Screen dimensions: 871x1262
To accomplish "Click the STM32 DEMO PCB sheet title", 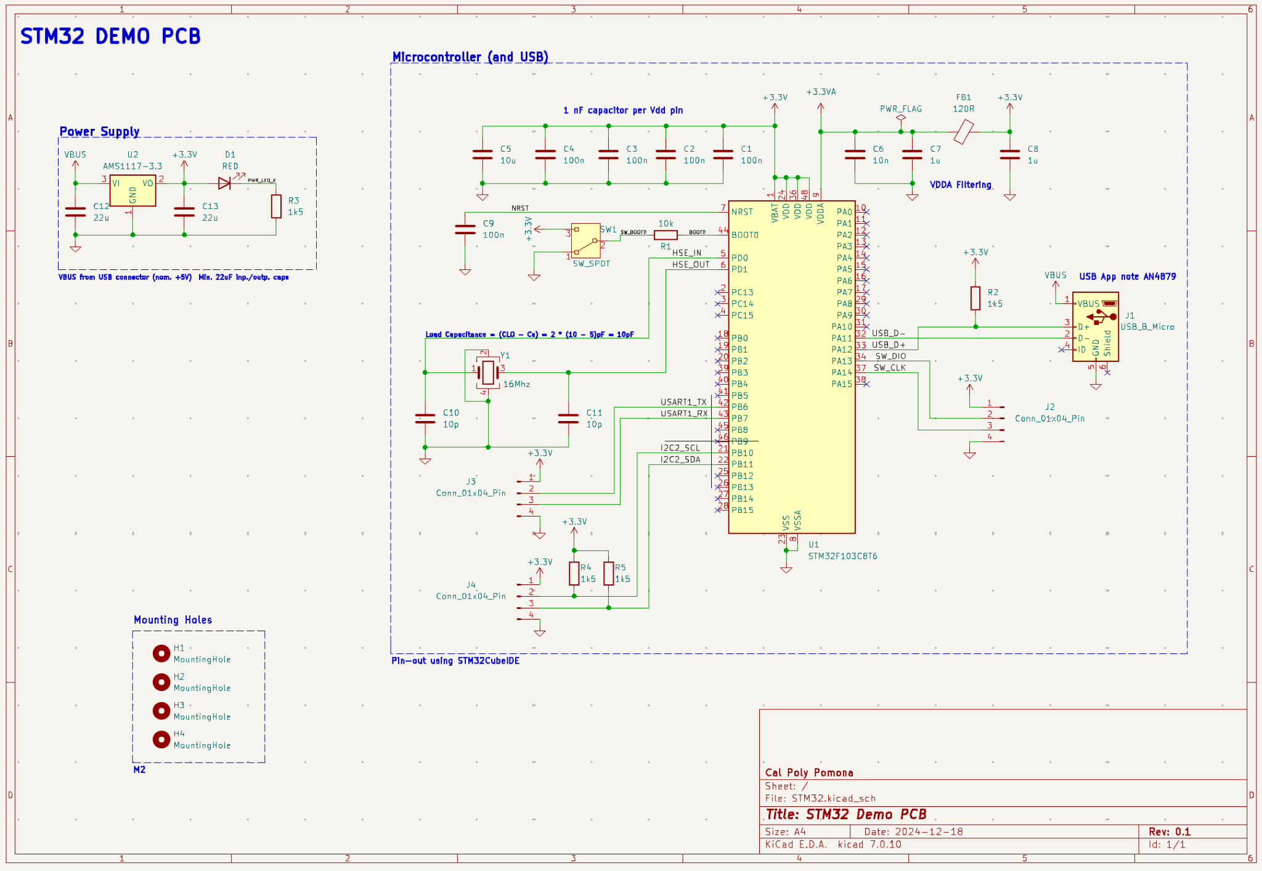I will point(110,36).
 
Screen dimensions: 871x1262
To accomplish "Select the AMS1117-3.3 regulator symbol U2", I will point(132,191).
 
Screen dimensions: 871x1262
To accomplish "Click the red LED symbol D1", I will point(224,183).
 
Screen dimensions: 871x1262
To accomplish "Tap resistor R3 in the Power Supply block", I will point(276,207).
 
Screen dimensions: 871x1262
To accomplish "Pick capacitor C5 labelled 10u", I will point(482,155).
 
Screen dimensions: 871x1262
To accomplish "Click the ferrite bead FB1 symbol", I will point(963,132).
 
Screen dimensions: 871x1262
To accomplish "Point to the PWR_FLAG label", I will point(900,109).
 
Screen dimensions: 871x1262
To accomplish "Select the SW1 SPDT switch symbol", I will point(585,240).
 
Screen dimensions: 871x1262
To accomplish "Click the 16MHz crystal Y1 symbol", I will point(488,372).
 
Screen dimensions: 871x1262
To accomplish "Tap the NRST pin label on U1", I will point(742,212).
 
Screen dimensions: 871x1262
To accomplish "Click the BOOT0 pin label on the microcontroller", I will point(744,235).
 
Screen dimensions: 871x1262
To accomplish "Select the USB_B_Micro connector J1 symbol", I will point(1095,327).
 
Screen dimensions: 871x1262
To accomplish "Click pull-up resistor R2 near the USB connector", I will point(975,298).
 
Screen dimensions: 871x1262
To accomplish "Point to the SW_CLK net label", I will point(889,368).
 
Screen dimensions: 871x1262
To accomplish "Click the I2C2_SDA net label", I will point(680,460).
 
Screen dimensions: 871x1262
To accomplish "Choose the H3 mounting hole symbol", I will point(161,711).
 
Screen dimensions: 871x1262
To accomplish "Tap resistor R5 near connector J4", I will point(608,573).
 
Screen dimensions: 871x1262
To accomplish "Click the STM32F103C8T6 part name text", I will point(842,556).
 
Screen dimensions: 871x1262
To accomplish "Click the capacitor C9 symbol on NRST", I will point(465,229).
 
